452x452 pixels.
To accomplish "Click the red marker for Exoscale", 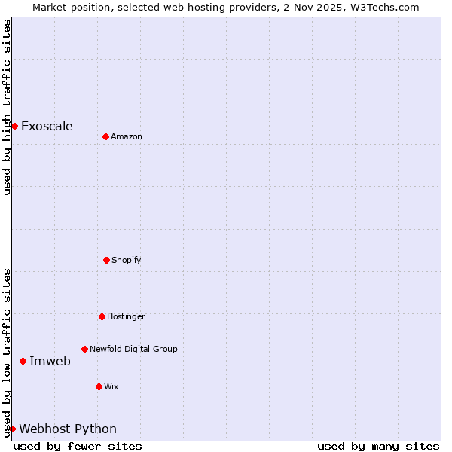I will click(14, 126).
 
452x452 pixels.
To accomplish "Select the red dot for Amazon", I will click(105, 136).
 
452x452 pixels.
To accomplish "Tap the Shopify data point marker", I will click(106, 260).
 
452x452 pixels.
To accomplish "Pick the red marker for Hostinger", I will click(102, 316).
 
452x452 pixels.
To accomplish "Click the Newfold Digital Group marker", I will click(84, 349).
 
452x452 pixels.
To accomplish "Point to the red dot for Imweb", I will click(23, 361).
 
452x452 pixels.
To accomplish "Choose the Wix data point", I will click(99, 386).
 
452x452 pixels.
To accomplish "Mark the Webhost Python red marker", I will click(12, 429).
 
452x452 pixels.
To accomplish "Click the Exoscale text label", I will click(47, 126).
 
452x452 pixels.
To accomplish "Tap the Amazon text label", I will click(127, 136).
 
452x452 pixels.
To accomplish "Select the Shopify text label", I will click(127, 260).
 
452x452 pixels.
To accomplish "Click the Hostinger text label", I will click(126, 316).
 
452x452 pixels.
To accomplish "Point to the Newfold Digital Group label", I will click(133, 349).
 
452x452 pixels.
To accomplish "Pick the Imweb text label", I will click(50, 361).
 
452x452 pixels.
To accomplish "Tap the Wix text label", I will click(111, 386).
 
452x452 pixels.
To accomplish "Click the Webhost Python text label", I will click(68, 429).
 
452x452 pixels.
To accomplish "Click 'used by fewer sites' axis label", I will click(78, 446).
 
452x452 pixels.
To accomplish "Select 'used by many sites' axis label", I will click(378, 446).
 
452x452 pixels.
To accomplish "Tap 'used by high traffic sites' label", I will click(7, 107).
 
